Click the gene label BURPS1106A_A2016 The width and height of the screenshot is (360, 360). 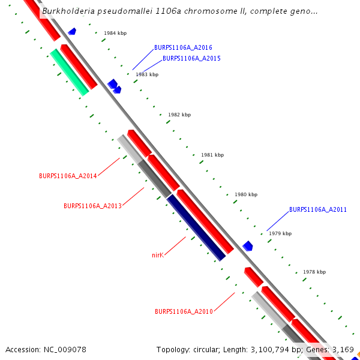coord(183,47)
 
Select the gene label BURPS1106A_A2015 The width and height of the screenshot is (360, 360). coord(191,59)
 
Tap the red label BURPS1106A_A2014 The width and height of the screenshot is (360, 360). coord(68,176)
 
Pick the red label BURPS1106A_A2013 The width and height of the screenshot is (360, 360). coord(92,206)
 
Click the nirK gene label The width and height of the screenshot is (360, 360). coord(158,255)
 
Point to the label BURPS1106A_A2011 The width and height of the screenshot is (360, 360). coord(317,210)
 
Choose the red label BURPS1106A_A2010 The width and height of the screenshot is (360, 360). coord(184,312)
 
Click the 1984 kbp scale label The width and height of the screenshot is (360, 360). coord(115,34)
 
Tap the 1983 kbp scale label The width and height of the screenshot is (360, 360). coord(147,75)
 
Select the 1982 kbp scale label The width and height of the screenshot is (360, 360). coord(179,115)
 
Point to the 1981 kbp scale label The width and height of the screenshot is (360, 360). coord(212,155)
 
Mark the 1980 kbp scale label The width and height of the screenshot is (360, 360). coord(246,194)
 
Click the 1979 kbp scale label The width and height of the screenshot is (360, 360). coord(280,233)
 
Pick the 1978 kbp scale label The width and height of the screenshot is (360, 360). coord(314,272)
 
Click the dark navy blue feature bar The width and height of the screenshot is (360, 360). coord(196,227)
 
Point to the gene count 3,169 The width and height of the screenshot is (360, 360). coord(343,349)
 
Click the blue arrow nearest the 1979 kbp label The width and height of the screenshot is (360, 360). coord(248,246)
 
